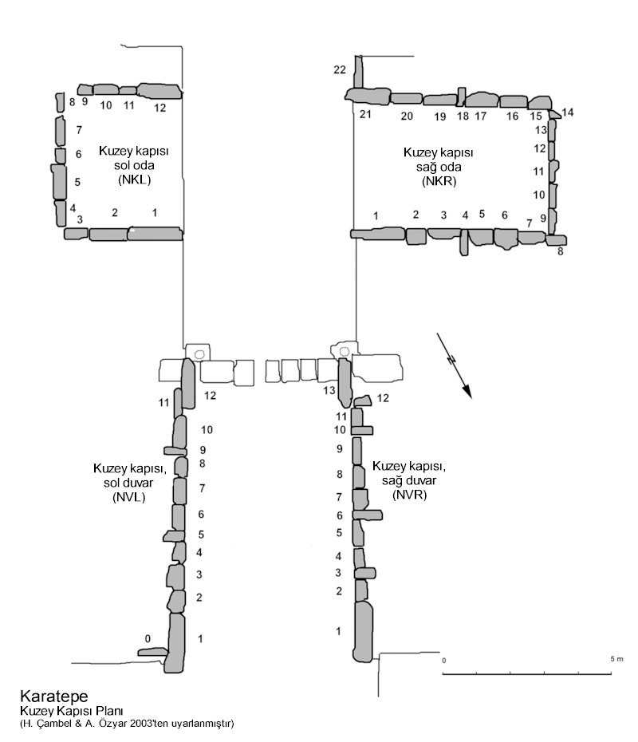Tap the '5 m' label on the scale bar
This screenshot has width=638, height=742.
click(616, 659)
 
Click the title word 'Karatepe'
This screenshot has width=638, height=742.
click(54, 696)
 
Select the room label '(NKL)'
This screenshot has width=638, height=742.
click(134, 180)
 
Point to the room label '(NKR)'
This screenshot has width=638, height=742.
click(439, 181)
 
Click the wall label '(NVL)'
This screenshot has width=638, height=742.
click(128, 497)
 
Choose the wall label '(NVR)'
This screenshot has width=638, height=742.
click(410, 495)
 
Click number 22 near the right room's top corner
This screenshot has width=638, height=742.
click(340, 69)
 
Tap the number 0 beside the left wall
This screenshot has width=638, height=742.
click(148, 639)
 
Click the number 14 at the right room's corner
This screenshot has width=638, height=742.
click(568, 112)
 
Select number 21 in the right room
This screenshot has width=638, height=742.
click(365, 114)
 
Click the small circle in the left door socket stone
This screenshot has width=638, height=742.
click(199, 354)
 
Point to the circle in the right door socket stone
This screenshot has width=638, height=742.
click(345, 352)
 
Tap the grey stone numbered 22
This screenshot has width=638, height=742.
click(359, 72)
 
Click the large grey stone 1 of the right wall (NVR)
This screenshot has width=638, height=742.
click(363, 631)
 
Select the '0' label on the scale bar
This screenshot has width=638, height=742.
click(443, 660)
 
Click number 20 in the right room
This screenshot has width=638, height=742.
click(407, 116)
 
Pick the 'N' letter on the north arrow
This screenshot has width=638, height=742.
click(451, 360)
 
